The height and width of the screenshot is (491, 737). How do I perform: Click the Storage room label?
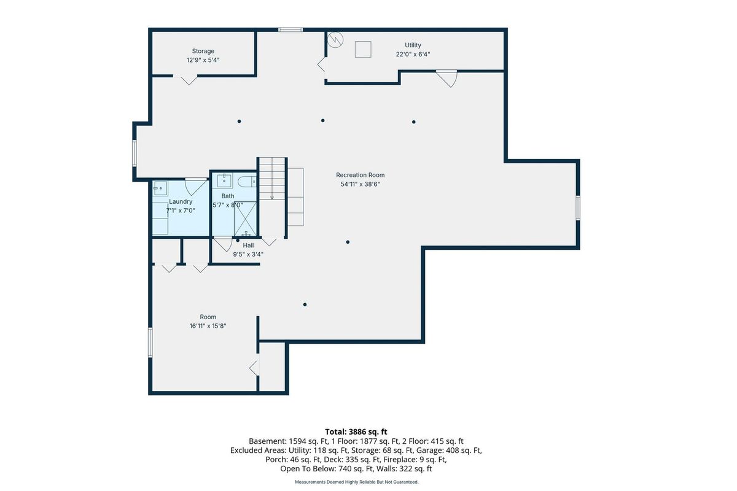pos(203,51)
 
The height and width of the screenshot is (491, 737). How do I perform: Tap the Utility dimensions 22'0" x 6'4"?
pos(413,54)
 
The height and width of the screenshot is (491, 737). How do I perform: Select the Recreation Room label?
pos(361,175)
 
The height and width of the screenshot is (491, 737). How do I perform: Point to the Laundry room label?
pos(181,201)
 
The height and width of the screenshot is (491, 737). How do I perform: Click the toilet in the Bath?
pos(247,181)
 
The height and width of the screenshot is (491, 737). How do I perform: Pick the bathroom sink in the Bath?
pos(224,180)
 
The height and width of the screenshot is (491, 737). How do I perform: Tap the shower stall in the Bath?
pos(245,218)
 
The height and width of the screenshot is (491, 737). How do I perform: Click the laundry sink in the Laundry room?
pos(160,188)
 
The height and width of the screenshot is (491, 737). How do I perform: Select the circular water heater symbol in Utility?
pos(335,40)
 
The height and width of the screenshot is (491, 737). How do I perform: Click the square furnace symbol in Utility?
pos(363,50)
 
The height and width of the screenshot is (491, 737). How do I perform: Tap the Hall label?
pos(248,245)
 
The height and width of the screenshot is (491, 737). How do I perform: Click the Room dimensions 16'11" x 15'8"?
pos(208,326)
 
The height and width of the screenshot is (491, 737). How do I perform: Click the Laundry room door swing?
pos(196,187)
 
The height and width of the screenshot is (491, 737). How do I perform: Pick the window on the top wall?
pos(290,30)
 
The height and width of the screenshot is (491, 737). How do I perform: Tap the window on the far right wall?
pos(578,208)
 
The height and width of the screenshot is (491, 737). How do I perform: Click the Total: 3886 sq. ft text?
pos(356,432)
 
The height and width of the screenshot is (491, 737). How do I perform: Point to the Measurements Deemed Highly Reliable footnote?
pos(357,482)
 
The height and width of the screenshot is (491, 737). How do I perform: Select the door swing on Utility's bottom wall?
pos(447,79)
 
